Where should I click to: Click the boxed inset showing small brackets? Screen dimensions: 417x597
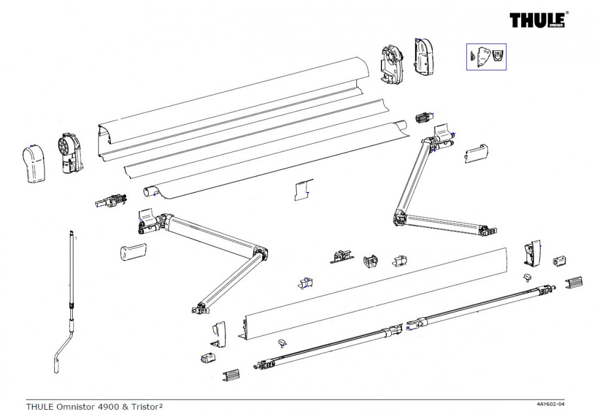(x=486, y=57)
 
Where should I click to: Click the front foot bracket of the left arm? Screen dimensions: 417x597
(x=199, y=308)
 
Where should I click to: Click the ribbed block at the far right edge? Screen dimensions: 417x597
(x=573, y=281)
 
